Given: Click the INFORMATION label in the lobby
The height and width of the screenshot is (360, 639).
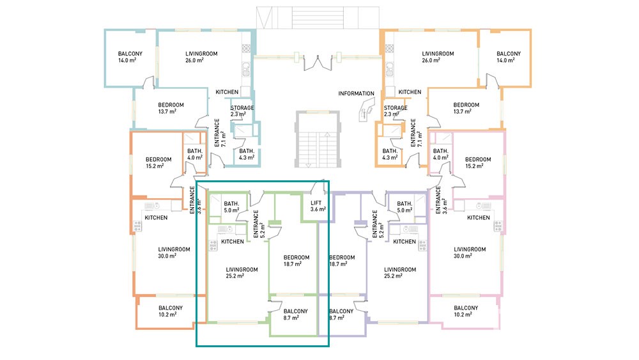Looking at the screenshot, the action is (356, 93).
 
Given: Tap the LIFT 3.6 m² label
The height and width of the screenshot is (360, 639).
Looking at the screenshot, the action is (318, 206).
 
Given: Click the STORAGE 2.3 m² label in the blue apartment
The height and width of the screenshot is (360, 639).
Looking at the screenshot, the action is (242, 111).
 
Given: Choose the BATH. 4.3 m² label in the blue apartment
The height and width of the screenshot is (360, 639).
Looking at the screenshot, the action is (247, 154).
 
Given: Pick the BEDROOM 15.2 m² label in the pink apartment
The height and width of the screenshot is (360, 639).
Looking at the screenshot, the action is (478, 162).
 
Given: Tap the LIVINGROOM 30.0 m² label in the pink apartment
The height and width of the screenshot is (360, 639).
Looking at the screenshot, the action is (470, 253).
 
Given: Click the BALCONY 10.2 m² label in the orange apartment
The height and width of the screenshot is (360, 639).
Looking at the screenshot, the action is (171, 311).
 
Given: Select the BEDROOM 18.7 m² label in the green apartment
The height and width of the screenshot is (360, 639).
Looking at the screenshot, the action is (296, 260).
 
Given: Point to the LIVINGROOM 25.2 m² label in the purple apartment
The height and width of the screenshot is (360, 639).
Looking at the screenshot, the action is (400, 273).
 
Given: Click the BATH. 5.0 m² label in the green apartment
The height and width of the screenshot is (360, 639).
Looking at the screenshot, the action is (231, 207).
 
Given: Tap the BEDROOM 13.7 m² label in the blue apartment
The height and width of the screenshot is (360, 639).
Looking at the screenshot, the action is (171, 108).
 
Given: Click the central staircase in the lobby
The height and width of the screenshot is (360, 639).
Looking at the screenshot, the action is (318, 139).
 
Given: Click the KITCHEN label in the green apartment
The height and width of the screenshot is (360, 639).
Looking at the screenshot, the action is (233, 241).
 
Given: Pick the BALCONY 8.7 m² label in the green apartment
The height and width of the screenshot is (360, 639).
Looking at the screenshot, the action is (295, 315).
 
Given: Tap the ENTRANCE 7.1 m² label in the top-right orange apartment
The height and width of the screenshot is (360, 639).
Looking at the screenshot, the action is (416, 133).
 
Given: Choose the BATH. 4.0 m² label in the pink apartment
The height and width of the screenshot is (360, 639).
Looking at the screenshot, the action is (440, 154).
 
